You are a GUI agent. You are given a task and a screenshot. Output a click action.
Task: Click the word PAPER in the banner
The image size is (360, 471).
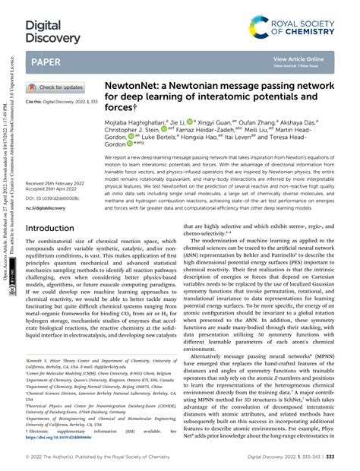click(x=47, y=62)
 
